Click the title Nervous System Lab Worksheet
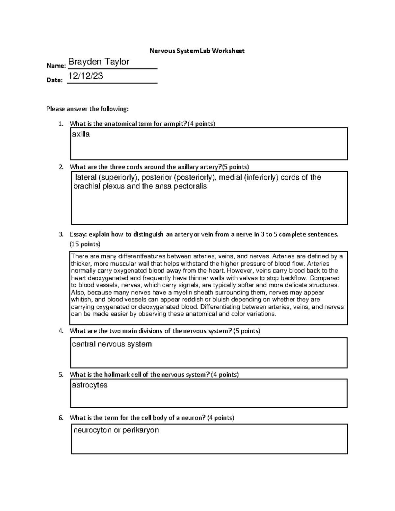[x=197, y=51]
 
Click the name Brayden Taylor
[x=98, y=62]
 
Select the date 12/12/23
[x=86, y=76]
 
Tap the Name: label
[x=56, y=66]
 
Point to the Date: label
[x=54, y=80]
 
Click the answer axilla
[x=81, y=134]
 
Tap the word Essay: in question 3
[x=78, y=235]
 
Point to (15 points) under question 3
[x=85, y=244]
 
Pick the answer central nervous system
[x=112, y=344]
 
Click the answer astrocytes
[x=90, y=385]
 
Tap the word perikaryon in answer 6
[x=141, y=430]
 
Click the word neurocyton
[x=92, y=430]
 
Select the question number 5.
[x=61, y=375]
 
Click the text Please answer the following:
[x=88, y=109]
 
